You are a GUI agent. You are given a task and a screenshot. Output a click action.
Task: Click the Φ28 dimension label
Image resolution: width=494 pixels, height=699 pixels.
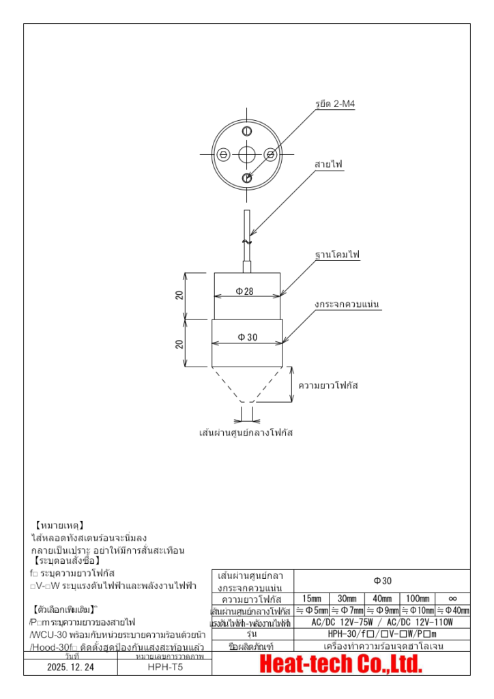click(x=244, y=291)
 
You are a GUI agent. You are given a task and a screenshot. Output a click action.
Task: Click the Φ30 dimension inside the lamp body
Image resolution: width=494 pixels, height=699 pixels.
click(x=246, y=337)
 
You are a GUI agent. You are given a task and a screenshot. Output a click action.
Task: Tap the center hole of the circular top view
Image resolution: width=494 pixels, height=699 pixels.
click(x=247, y=154)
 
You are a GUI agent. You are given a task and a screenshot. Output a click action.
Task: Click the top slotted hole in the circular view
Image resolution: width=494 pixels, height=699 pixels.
click(x=247, y=130)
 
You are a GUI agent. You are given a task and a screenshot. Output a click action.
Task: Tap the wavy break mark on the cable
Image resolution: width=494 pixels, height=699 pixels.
click(x=247, y=242)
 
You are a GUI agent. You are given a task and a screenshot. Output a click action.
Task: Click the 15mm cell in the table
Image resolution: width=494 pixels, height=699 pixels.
click(x=311, y=599)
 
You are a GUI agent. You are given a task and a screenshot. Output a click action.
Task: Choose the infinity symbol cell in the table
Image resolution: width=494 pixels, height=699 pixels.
click(x=452, y=599)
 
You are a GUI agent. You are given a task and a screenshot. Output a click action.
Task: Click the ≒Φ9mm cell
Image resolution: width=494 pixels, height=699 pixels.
click(x=382, y=611)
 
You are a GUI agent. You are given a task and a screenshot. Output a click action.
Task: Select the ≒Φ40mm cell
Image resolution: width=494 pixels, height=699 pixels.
click(x=452, y=611)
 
